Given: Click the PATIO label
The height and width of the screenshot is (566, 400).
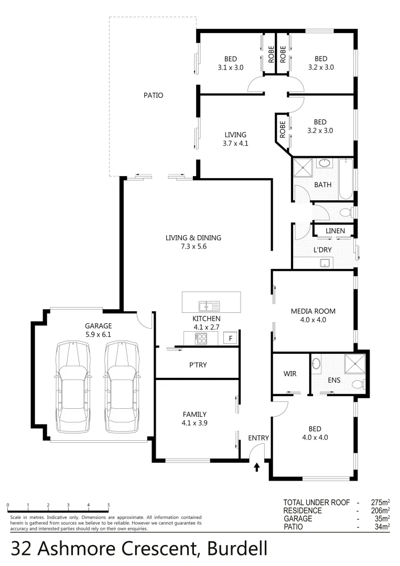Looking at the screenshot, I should (x=153, y=95).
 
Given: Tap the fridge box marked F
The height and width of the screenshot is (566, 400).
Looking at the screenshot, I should (x=231, y=339).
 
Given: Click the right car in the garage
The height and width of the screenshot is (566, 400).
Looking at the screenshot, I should (x=121, y=387).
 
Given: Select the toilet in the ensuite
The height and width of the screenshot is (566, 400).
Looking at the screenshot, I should (x=359, y=385).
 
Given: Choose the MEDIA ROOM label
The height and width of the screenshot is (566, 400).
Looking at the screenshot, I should (x=313, y=311).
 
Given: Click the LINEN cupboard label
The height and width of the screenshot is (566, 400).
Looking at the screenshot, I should (x=335, y=231).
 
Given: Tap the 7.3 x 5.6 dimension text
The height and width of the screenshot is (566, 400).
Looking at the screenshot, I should (x=193, y=246).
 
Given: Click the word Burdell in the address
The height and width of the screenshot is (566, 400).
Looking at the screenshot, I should (x=238, y=549).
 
